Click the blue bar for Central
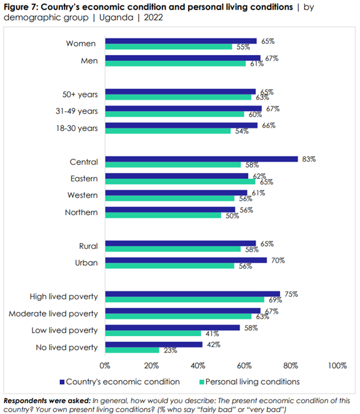[x=202, y=159]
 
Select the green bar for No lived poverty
[x=132, y=351]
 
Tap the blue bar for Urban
[x=186, y=260]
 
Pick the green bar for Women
[x=169, y=47]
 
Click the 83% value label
[x=308, y=159]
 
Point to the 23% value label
[x=170, y=351]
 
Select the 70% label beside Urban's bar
[x=277, y=260]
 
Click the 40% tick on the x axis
[x=198, y=366]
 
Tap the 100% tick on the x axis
[x=337, y=366]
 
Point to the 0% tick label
[x=105, y=366]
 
